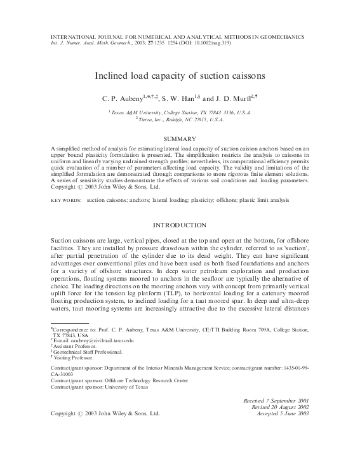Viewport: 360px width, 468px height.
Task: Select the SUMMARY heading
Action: (x=180, y=138)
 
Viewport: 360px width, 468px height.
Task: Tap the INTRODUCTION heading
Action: (x=180, y=225)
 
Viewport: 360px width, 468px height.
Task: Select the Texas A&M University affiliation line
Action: (x=180, y=112)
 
